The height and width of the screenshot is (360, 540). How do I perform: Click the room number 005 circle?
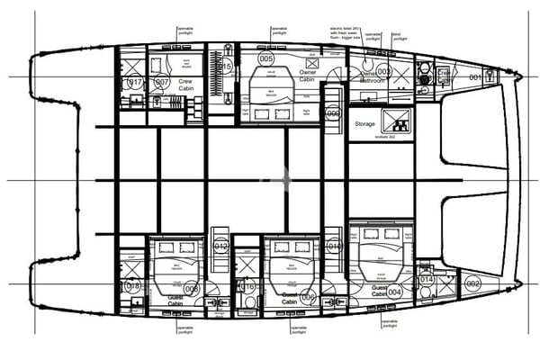266,58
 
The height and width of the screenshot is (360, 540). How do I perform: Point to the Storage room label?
364,124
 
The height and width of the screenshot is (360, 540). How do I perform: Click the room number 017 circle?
135,83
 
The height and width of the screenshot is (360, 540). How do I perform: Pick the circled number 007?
162,83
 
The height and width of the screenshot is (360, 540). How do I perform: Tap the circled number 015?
227,66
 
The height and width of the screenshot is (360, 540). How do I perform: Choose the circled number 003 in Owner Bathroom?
384,70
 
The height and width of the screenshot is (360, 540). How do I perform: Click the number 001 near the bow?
475,77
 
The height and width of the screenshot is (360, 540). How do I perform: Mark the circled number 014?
427,280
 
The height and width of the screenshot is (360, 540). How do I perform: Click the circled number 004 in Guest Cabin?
393,292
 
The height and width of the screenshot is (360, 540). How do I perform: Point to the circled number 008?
191,289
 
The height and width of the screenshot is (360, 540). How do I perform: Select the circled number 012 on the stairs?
221,245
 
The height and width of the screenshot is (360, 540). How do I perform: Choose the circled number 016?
248,287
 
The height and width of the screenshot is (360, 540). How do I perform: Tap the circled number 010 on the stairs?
333,245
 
